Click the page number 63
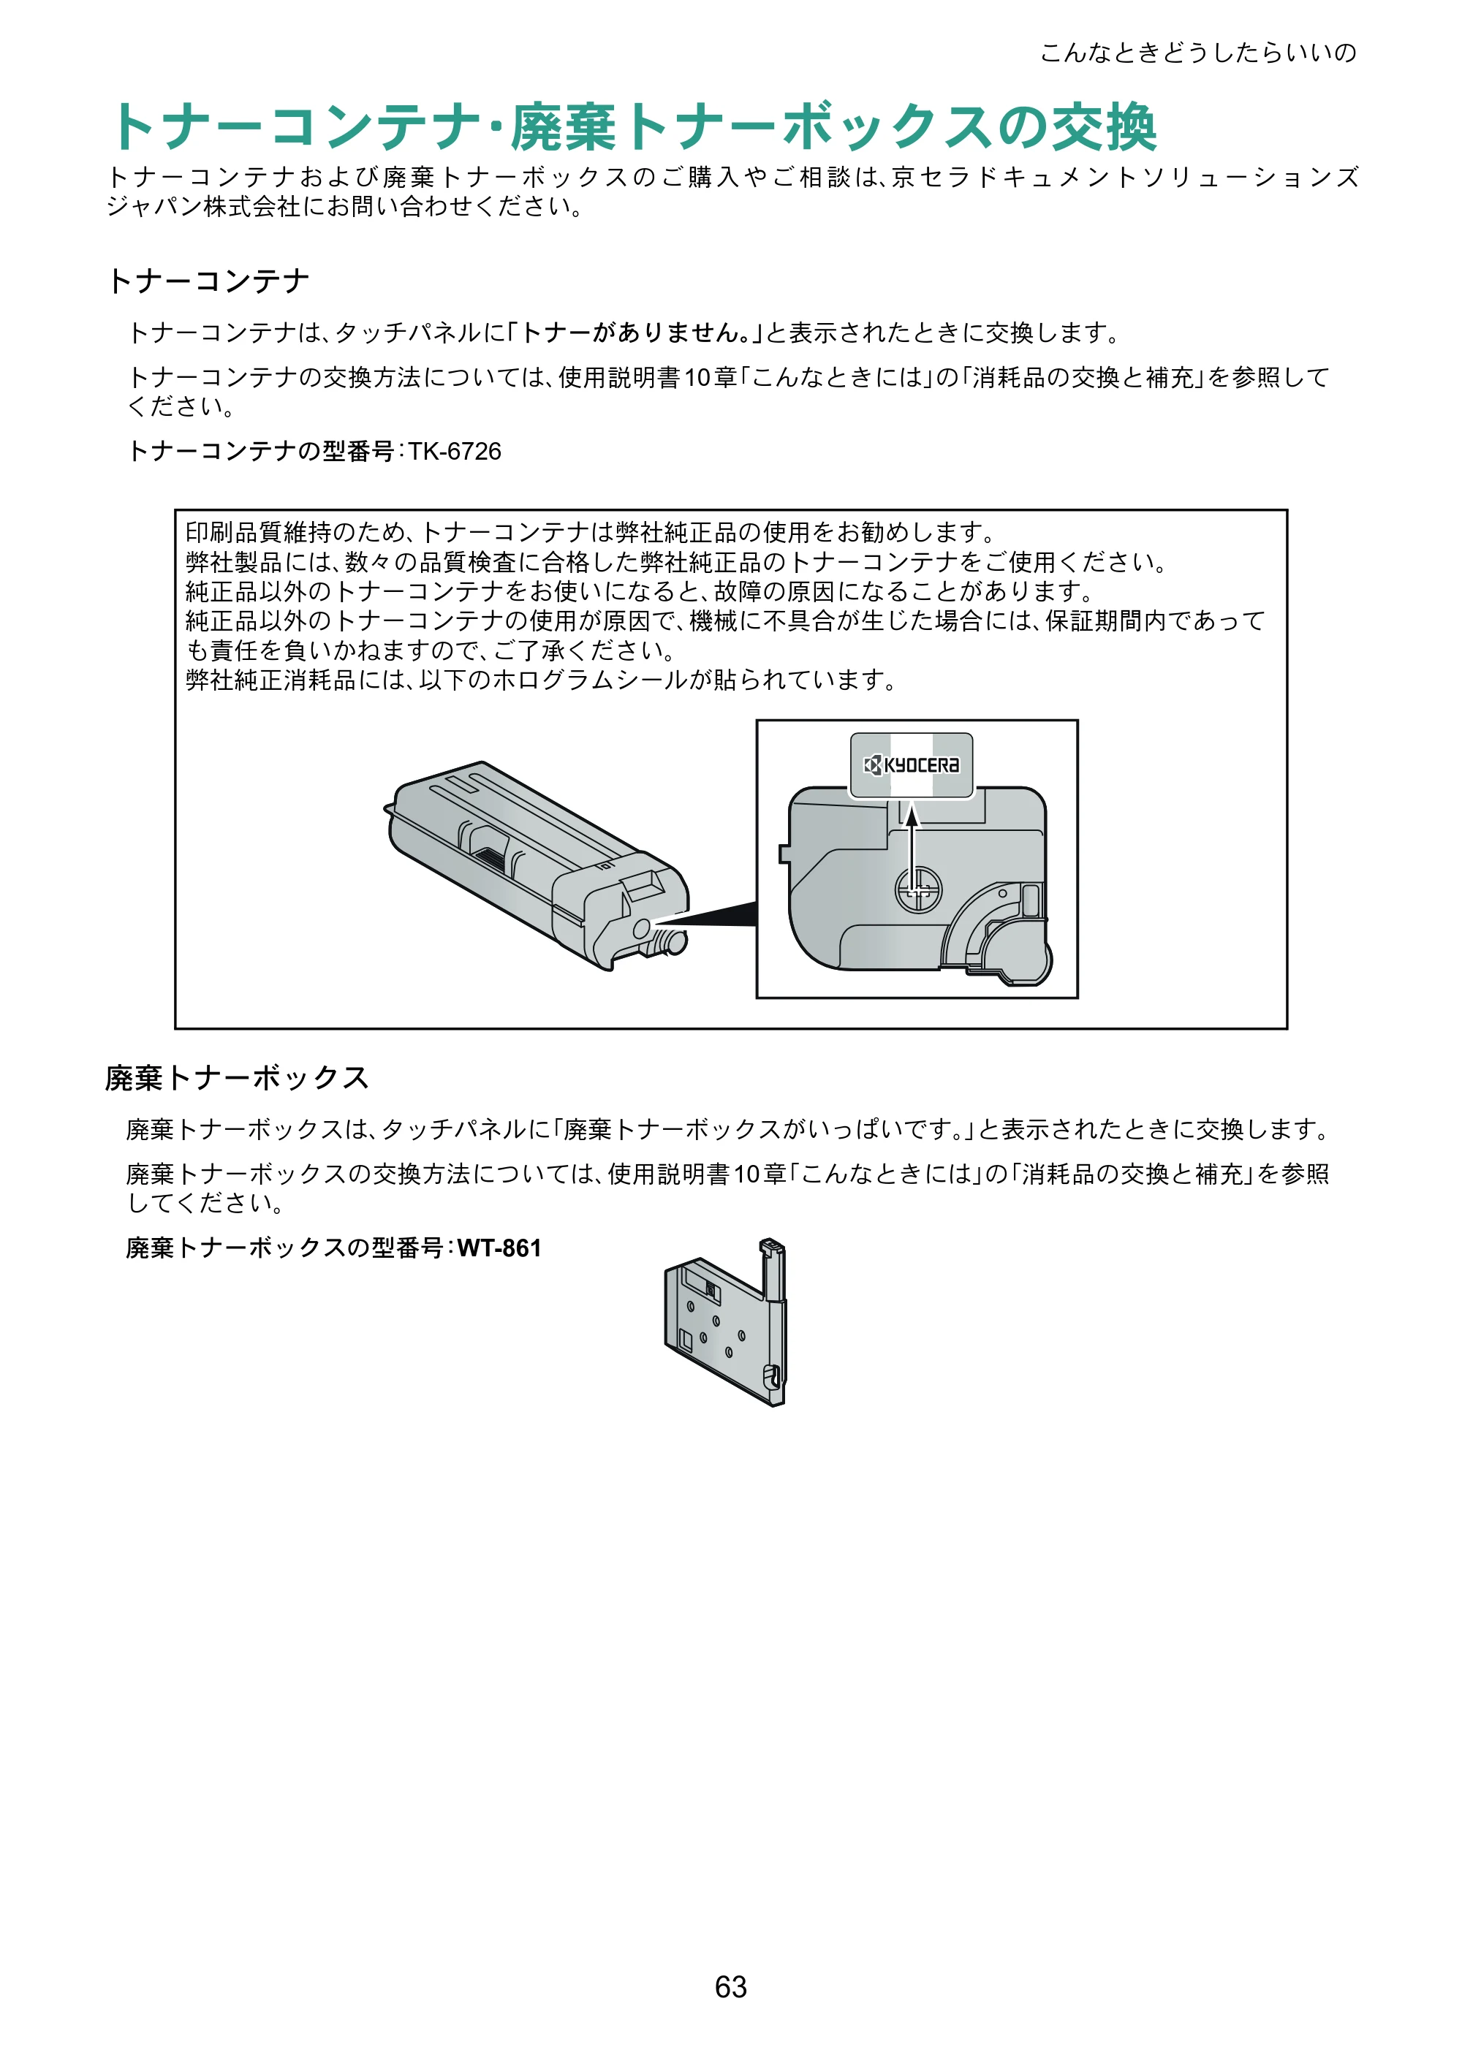coord(730,1986)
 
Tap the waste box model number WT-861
coord(499,1248)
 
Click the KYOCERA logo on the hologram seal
coord(912,765)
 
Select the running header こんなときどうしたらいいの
coord(1198,53)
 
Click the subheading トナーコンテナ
coord(208,281)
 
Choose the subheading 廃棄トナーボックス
coord(237,1078)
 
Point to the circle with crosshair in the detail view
coord(917,889)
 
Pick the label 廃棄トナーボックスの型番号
coord(286,1248)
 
